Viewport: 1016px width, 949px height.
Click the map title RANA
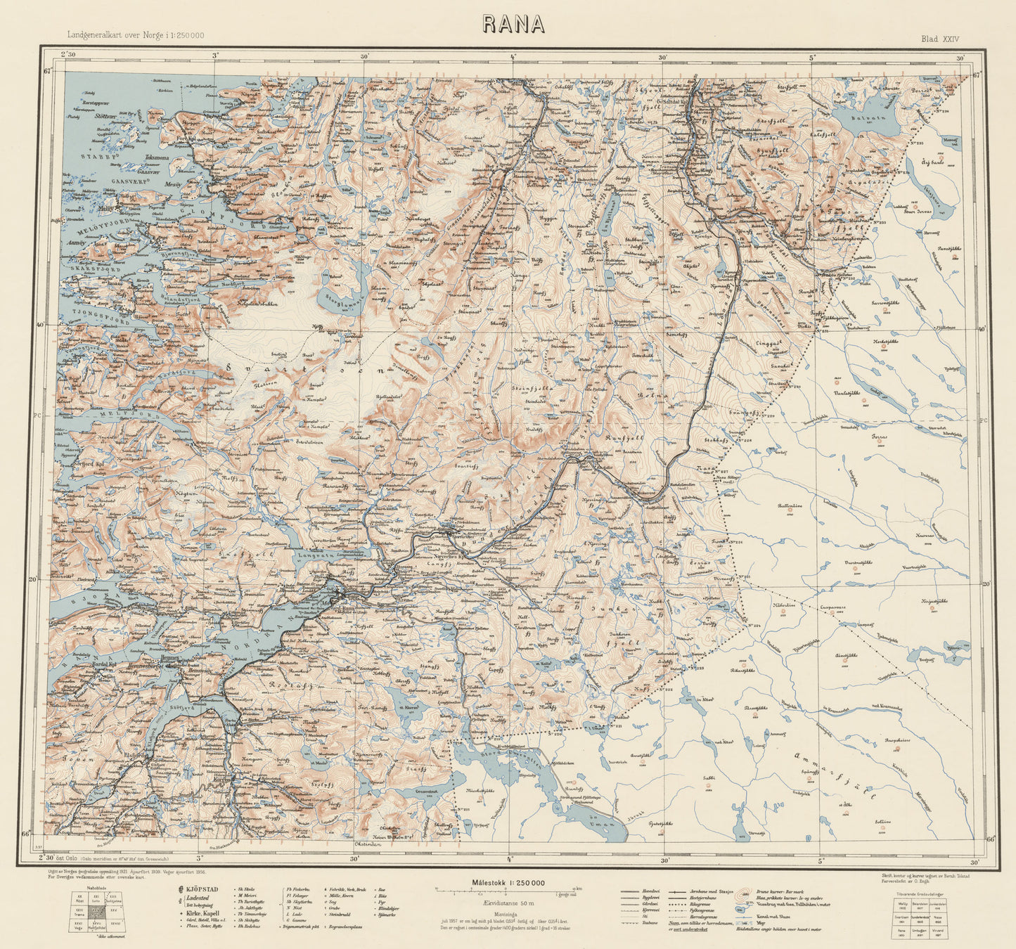click(513, 24)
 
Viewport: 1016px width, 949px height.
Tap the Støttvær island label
click(106, 117)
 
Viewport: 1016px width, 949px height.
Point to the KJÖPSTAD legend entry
click(204, 890)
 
